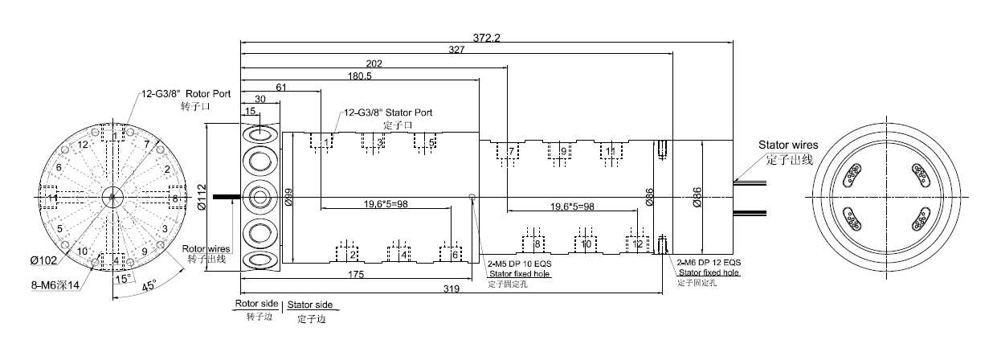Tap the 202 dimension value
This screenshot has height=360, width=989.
pyautogui.click(x=373, y=63)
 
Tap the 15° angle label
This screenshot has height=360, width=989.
pyautogui.click(x=123, y=278)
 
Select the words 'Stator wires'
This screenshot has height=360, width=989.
pyautogui.click(x=788, y=145)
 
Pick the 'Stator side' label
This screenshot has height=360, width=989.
pyautogui.click(x=310, y=305)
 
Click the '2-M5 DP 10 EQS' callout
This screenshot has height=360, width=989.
pyautogui.click(x=519, y=263)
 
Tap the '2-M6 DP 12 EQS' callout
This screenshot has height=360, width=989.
pyautogui.click(x=709, y=263)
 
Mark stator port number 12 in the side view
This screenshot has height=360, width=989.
pyautogui.click(x=637, y=243)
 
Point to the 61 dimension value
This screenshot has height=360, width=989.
pyautogui.click(x=281, y=87)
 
